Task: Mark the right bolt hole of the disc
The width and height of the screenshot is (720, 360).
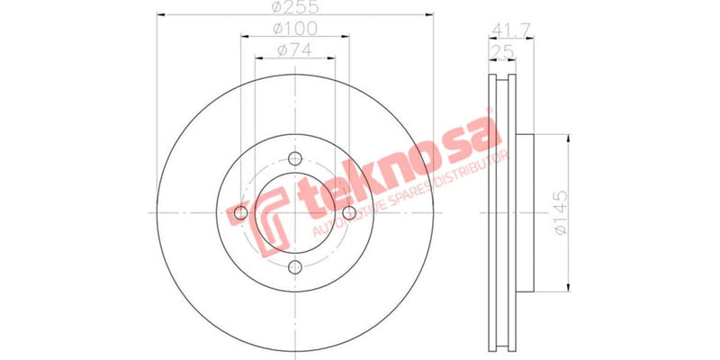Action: (x=347, y=212)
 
